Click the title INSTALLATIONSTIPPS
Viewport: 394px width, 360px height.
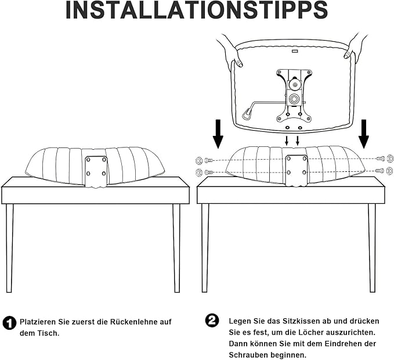pyautogui.click(x=197, y=10)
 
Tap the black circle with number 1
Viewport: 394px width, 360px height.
pyautogui.click(x=9, y=323)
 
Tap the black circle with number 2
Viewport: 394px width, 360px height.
pyautogui.click(x=212, y=321)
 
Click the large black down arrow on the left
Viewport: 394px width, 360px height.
pyautogui.click(x=218, y=134)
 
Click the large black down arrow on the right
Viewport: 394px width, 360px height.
pyautogui.click(x=364, y=134)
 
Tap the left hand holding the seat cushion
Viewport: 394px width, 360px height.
pyautogui.click(x=230, y=51)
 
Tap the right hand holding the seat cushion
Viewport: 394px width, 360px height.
pyautogui.click(x=356, y=45)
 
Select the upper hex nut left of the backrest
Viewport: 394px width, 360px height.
pyautogui.click(x=198, y=160)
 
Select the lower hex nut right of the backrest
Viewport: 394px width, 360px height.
pyautogui.click(x=390, y=170)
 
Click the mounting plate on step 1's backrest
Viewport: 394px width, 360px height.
pyautogui.click(x=96, y=171)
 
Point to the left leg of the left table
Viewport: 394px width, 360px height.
pyautogui.click(x=9, y=248)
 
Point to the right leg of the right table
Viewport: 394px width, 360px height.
pyautogui.click(x=372, y=248)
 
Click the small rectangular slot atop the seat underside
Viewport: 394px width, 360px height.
pyautogui.click(x=295, y=51)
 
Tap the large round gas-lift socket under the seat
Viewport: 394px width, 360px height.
pyautogui.click(x=293, y=99)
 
